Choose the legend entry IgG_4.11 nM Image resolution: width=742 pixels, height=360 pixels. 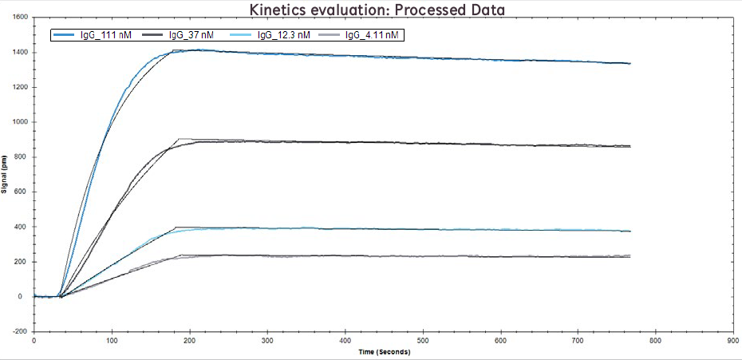click(x=371, y=35)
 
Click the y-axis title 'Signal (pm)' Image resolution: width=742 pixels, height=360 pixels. click(x=6, y=173)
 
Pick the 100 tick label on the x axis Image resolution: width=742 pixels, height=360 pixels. click(x=111, y=340)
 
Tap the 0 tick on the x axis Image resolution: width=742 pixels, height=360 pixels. click(x=34, y=340)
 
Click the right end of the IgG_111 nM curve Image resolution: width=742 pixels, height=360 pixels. click(x=630, y=63)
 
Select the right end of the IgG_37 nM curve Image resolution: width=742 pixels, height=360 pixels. click(x=630, y=146)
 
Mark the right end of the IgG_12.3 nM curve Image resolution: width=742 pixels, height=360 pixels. click(x=630, y=231)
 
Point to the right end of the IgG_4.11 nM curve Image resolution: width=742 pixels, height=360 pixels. click(x=630, y=255)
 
